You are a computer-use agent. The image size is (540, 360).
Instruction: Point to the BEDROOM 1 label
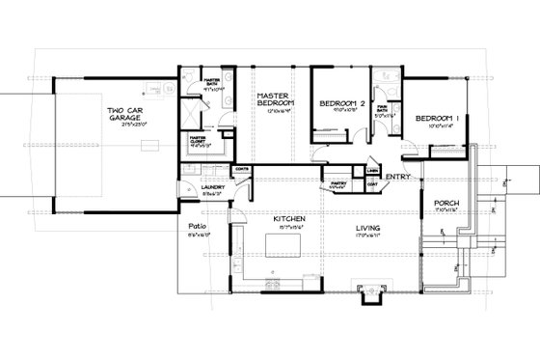[436, 118]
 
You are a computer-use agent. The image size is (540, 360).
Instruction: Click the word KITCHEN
[289, 219]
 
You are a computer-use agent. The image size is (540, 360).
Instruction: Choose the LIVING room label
[366, 228]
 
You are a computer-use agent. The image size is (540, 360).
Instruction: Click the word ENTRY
[396, 178]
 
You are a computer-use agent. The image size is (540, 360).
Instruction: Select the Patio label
[188, 228]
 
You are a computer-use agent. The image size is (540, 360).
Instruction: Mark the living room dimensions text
[366, 235]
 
